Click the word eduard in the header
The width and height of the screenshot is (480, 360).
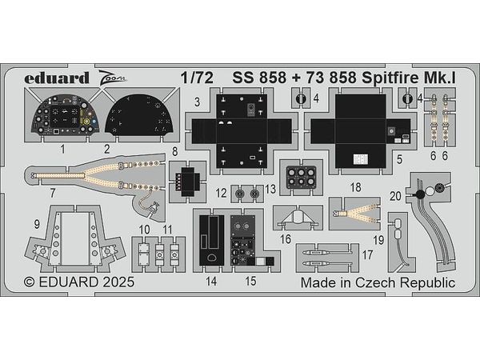pyautogui.click(x=50, y=78)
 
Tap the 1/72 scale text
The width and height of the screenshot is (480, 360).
pyautogui.click(x=197, y=78)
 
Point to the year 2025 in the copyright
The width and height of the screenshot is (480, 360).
pyautogui.click(x=116, y=282)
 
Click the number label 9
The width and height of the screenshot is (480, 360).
pyautogui.click(x=38, y=224)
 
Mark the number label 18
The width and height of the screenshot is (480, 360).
pyautogui.click(x=355, y=186)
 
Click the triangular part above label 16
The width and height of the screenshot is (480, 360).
pyautogui.click(x=297, y=217)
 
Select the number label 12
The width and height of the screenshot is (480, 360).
pyautogui.click(x=219, y=193)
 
